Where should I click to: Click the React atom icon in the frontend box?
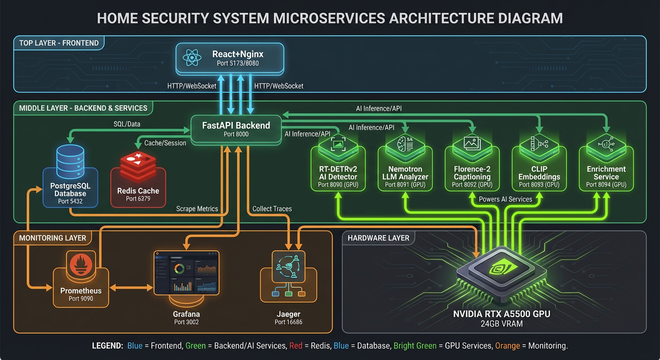pos(192,58)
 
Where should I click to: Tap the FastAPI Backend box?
pos(236,129)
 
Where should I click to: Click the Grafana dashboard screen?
pos(187,272)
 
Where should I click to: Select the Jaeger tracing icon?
pos(288,266)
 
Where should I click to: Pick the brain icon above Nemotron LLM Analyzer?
pos(405,143)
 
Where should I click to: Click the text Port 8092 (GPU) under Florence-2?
pos(472,185)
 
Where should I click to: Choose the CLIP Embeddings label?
pos(539,173)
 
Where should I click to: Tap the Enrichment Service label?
pos(606,173)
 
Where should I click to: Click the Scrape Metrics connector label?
pos(197,209)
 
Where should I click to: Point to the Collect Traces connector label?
pos(272,209)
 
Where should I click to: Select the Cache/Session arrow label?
pos(165,143)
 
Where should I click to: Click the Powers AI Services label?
pos(505,199)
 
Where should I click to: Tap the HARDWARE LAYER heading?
pos(378,238)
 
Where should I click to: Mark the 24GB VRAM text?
pos(501,323)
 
